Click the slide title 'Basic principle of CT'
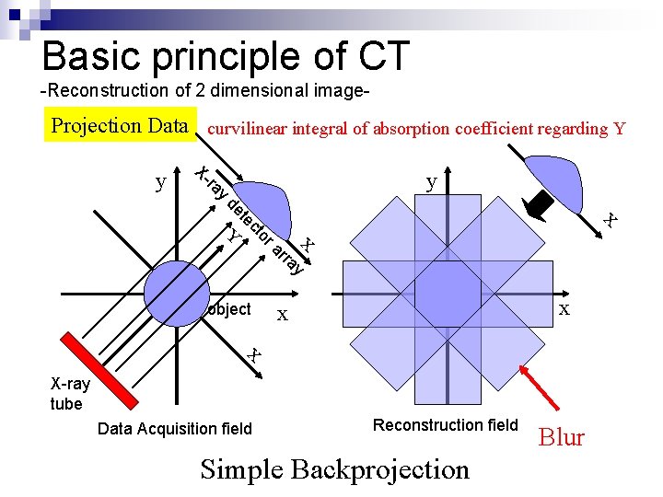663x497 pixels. pos(226,57)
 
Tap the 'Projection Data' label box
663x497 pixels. pos(120,126)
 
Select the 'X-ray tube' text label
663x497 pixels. pos(69,395)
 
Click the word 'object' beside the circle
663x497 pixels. pos(228,309)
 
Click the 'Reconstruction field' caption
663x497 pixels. pos(446,424)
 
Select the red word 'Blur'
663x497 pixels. pos(562,437)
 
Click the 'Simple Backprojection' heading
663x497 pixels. pos(334,469)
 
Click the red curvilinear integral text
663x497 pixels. pos(417,129)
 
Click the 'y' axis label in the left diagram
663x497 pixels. pos(161,181)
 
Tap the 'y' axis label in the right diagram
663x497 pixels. pos(432,181)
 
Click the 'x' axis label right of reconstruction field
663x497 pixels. pos(564,309)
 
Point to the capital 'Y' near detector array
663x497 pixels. pos(235,238)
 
